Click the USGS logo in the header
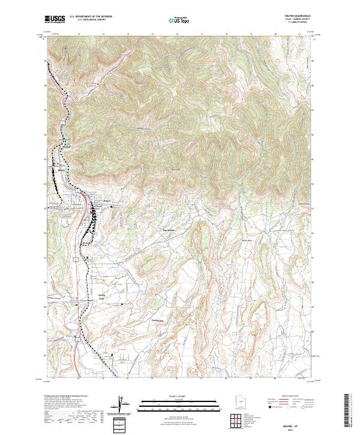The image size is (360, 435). [55, 19]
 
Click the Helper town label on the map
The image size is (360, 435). [107, 201]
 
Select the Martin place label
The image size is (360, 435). [61, 169]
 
